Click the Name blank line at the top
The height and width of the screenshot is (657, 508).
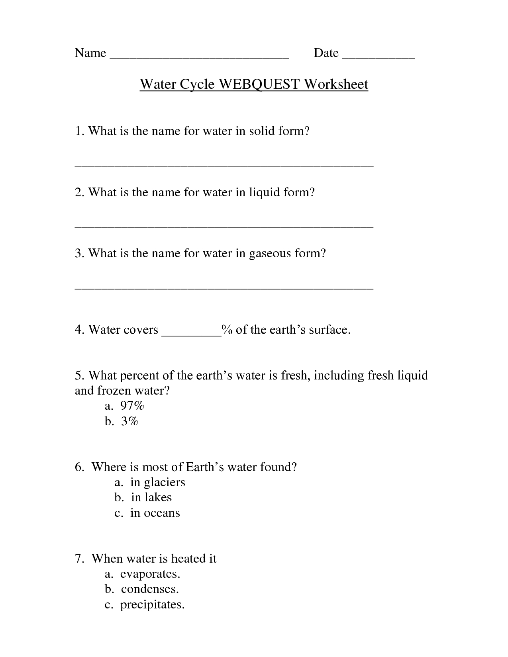(199, 57)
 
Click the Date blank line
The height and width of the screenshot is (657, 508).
(379, 57)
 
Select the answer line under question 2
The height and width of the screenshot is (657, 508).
(224, 227)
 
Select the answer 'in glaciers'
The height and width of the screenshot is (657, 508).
(157, 482)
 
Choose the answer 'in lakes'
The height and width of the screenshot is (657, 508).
(151, 497)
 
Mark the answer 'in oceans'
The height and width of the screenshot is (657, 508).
(155, 513)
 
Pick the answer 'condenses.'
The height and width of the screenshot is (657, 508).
(150, 589)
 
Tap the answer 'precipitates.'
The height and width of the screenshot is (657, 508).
(152, 604)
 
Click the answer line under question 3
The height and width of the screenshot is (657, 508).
(224, 288)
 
